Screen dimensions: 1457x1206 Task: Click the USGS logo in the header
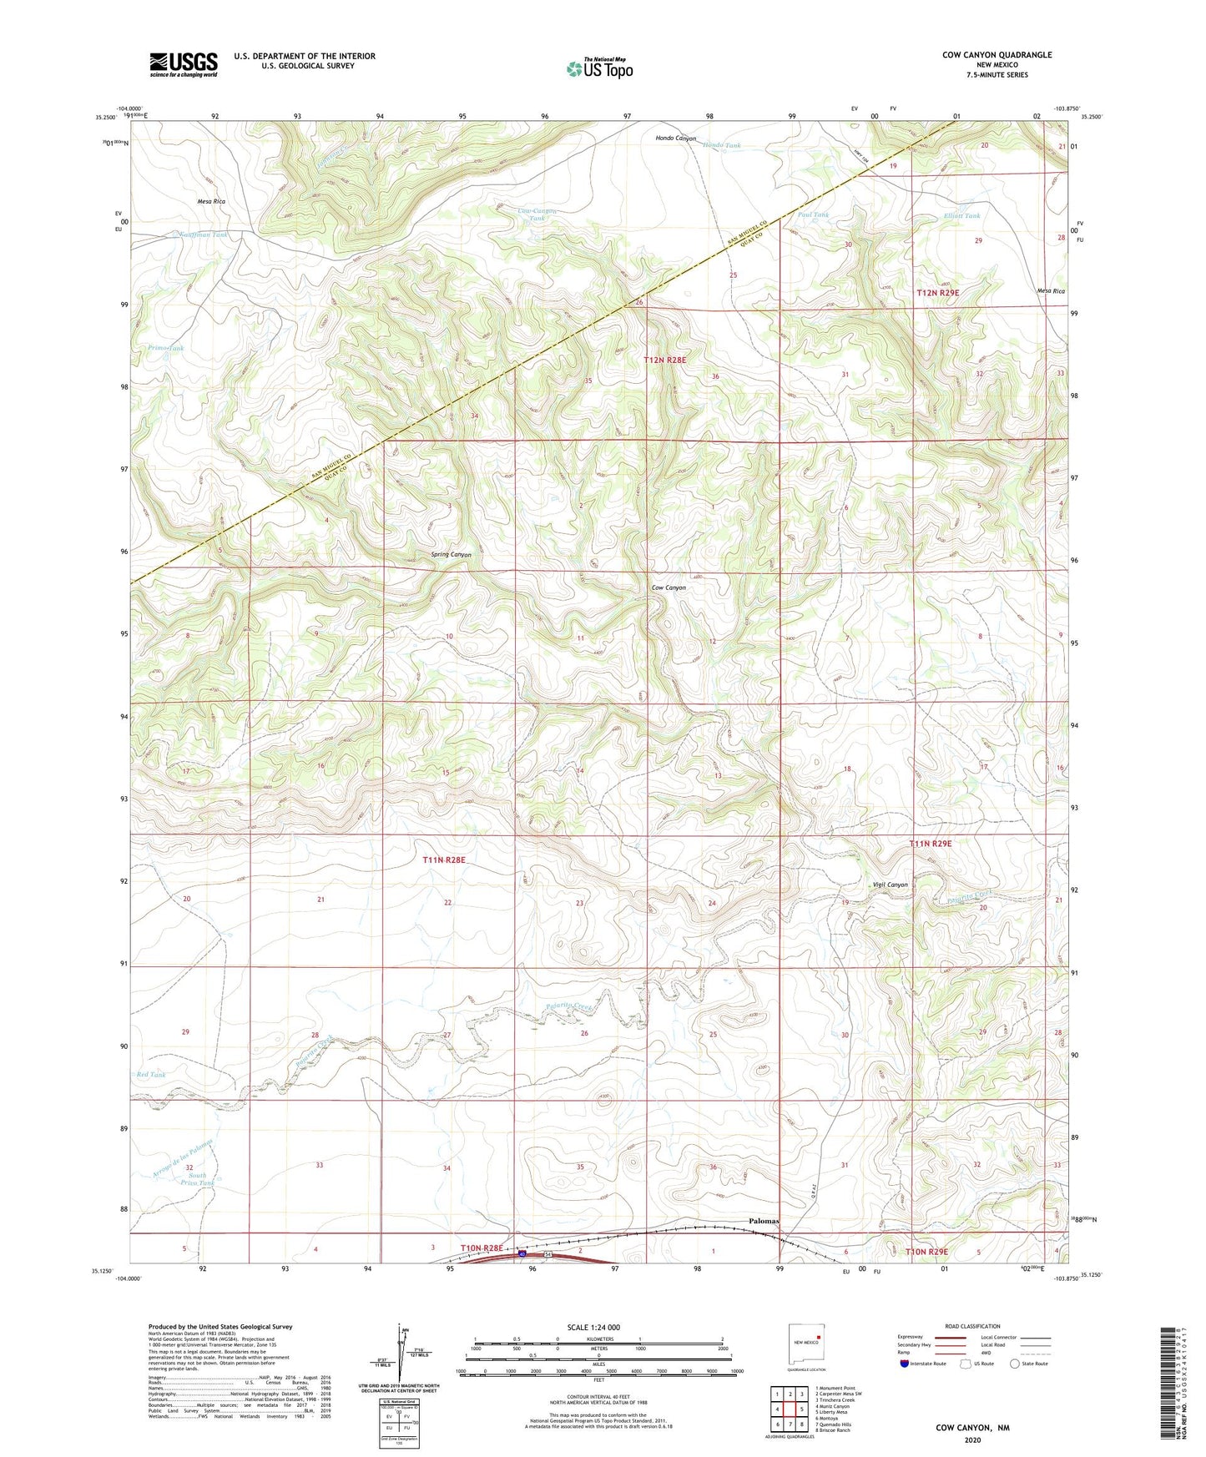184,64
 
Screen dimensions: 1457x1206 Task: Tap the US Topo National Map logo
599,68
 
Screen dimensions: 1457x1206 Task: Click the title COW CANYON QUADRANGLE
997,55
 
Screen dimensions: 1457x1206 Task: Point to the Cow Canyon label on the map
669,587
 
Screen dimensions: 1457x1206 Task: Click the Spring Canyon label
451,555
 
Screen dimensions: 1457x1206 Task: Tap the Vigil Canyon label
889,885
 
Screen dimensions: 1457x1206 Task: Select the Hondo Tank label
721,145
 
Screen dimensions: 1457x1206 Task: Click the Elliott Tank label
961,215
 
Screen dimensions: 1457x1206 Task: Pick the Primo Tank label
165,348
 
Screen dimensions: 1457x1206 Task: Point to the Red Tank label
151,1075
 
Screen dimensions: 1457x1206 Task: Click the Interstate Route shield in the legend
906,1364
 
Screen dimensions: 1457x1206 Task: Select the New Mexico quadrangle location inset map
806,1344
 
